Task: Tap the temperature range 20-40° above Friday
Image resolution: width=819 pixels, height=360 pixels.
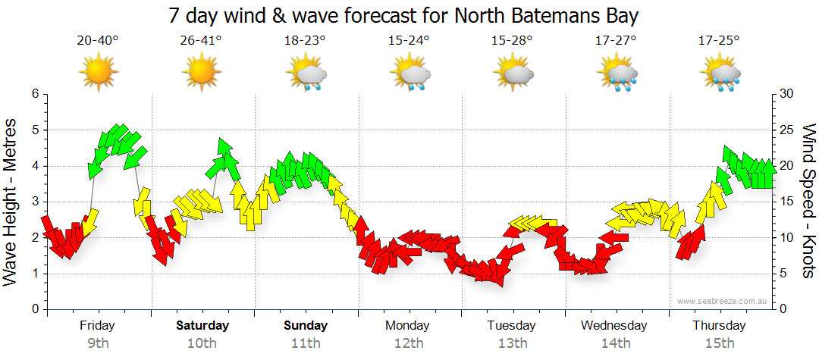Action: [x=98, y=40]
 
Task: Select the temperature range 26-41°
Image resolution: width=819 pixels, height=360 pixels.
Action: [x=202, y=40]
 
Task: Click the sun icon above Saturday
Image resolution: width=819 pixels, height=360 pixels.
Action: [x=201, y=72]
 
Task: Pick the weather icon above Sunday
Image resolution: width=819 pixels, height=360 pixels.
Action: [x=306, y=74]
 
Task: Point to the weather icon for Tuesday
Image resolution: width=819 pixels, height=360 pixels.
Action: [x=513, y=74]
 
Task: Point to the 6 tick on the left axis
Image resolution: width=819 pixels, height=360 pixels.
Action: [x=34, y=94]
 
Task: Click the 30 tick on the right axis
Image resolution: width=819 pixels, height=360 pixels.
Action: [x=786, y=94]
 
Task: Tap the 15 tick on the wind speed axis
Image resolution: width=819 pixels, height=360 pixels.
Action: [x=786, y=202]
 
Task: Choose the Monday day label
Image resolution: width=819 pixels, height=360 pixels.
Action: [x=408, y=326]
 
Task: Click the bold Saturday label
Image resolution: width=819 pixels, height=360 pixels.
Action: [x=202, y=326]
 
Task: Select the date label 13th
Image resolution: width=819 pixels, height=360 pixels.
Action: [x=513, y=343]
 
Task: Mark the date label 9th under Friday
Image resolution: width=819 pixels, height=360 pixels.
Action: [x=98, y=343]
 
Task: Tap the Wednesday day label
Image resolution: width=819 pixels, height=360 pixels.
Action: [x=614, y=326]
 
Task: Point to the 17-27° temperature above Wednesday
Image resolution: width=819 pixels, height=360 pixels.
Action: [x=616, y=40]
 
